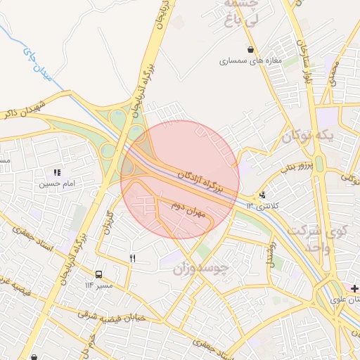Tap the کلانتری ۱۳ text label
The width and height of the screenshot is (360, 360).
(x=262, y=205)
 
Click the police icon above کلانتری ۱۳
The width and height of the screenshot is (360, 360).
(x=262, y=195)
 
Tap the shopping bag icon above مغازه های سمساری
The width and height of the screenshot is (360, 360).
(x=250, y=49)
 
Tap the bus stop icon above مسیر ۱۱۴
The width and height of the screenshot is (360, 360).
(x=98, y=274)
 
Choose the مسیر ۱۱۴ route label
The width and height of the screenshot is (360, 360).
(x=98, y=285)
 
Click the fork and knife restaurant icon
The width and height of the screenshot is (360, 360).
(x=132, y=259)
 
